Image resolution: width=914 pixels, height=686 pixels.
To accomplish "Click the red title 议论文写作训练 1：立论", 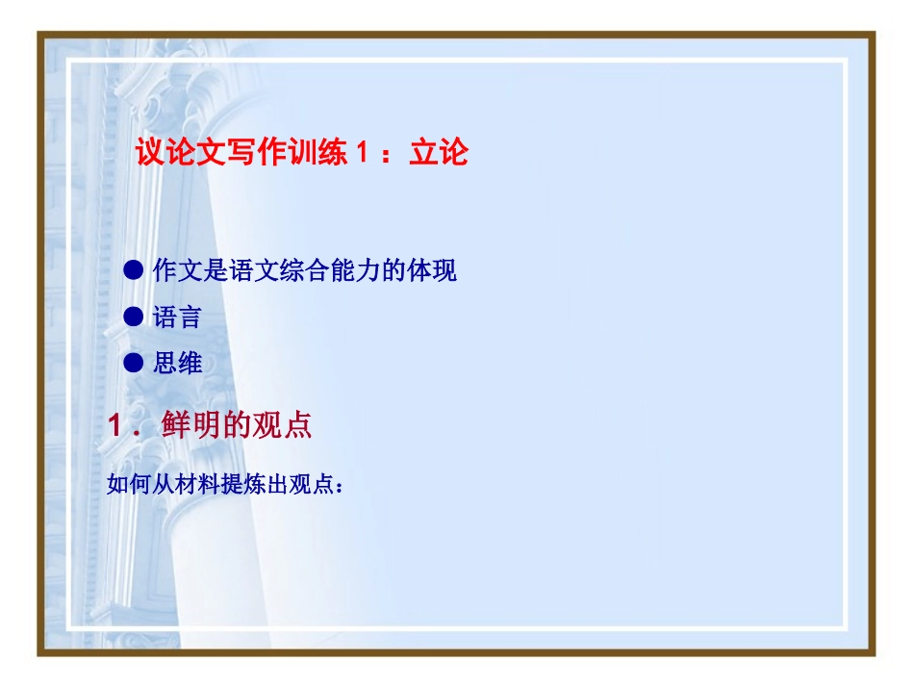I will (301, 153).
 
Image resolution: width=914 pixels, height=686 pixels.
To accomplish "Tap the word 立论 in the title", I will (438, 153).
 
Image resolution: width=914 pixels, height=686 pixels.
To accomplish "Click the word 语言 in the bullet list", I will (177, 317).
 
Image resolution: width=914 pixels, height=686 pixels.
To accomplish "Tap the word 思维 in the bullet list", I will (177, 363).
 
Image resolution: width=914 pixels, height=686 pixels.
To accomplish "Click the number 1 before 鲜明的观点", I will (116, 426).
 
